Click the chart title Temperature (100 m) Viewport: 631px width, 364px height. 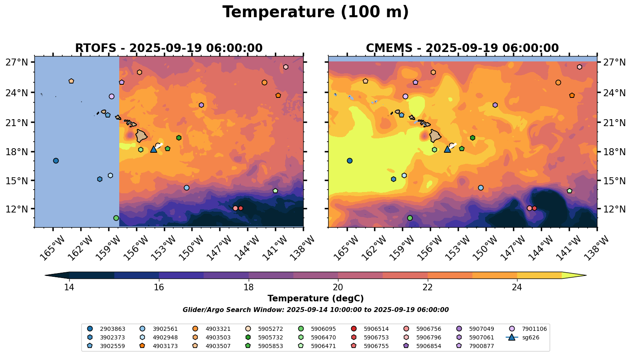(x=315, y=12)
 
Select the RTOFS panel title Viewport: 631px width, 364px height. (x=168, y=48)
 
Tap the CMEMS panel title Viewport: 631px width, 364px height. (x=462, y=48)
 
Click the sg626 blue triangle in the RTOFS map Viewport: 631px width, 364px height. (x=154, y=149)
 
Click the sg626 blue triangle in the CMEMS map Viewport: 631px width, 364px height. (x=447, y=149)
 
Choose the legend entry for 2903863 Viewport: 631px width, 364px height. (x=106, y=329)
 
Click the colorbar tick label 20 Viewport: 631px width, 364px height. (x=338, y=287)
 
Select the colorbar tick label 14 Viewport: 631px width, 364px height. (x=69, y=287)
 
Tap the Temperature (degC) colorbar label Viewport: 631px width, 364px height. (x=315, y=299)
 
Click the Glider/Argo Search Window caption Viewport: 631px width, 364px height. (x=315, y=310)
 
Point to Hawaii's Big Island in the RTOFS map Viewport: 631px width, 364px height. (x=142, y=135)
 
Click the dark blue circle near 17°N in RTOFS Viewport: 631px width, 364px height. (x=56, y=161)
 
